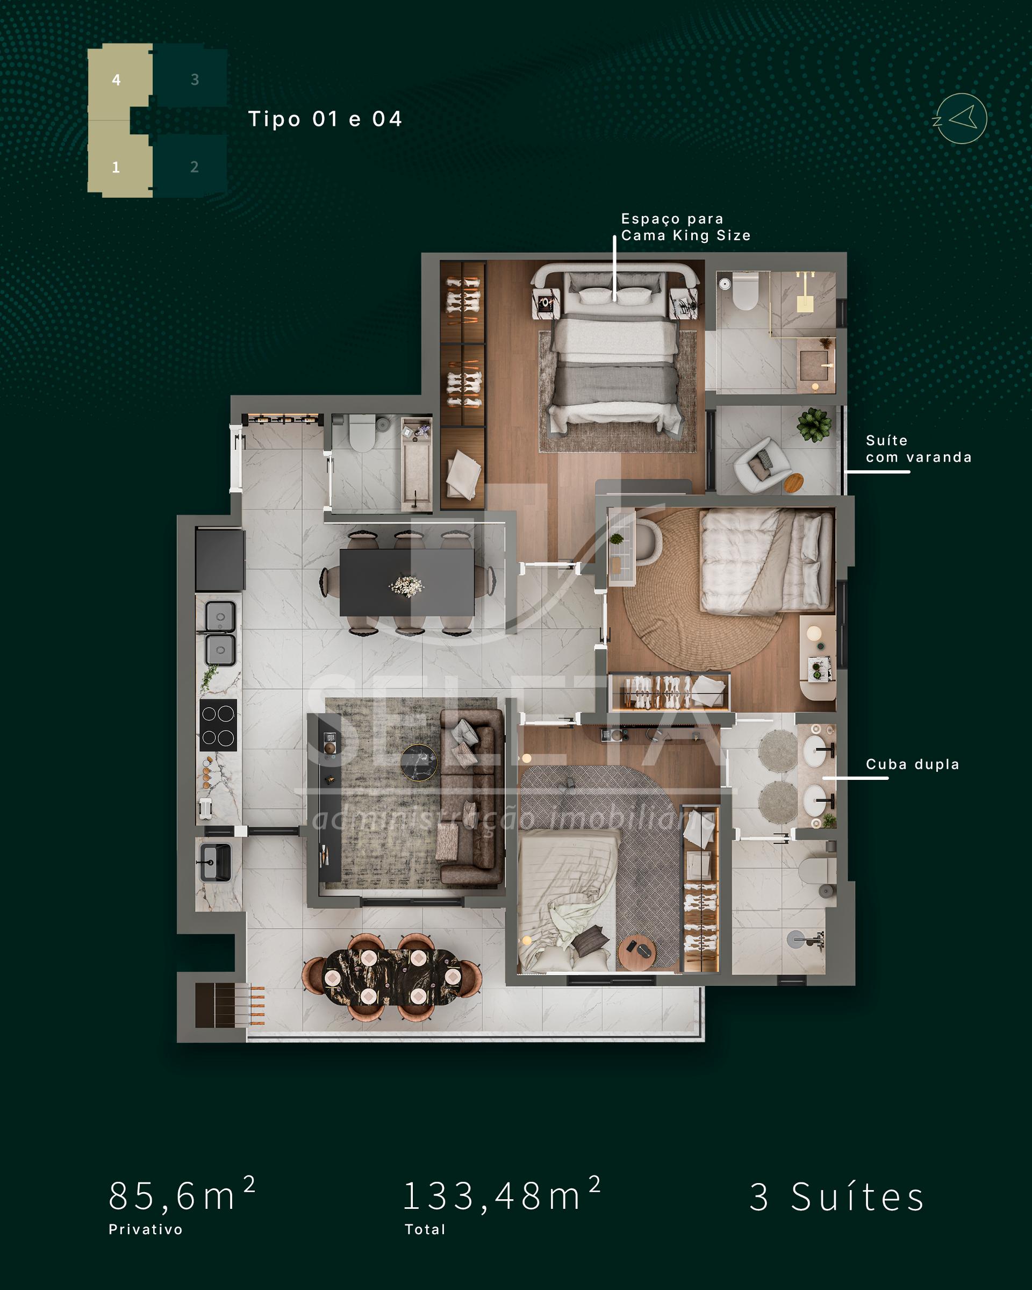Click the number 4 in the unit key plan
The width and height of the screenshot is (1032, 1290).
[116, 80]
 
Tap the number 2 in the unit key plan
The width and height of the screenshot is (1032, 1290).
[195, 167]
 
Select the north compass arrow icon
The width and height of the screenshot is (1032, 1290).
[961, 118]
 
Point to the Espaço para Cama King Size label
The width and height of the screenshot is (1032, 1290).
[686, 227]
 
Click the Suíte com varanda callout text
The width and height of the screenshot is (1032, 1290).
[919, 449]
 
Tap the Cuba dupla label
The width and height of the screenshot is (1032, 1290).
[912, 764]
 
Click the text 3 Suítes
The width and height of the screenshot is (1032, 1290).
[837, 1196]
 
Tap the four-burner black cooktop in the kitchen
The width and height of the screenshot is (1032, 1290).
[218, 725]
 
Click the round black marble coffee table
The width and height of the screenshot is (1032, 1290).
[419, 762]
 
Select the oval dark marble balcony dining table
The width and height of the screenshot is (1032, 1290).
[392, 977]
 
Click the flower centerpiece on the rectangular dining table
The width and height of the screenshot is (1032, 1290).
[407, 585]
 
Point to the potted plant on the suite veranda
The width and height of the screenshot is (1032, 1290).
[814, 425]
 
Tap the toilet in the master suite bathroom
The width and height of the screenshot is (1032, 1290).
[746, 292]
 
